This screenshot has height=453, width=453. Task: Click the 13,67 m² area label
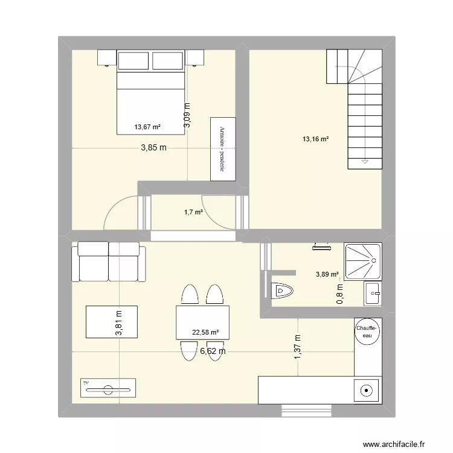tap(147, 127)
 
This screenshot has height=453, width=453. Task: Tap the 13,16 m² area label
tap(315, 140)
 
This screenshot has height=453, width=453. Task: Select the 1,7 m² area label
tap(193, 212)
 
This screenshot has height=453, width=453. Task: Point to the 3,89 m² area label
tap(327, 275)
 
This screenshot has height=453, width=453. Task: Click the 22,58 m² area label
tap(205, 332)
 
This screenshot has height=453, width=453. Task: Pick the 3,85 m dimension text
tap(154, 147)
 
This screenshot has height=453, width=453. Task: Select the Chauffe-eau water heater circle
tap(367, 331)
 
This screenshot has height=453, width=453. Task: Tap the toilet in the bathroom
tap(282, 291)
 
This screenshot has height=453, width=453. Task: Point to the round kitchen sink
tap(366, 390)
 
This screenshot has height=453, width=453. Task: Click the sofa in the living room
tap(109, 261)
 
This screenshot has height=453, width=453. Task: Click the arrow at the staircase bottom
tap(364, 162)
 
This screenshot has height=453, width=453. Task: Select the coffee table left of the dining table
tap(111, 321)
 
